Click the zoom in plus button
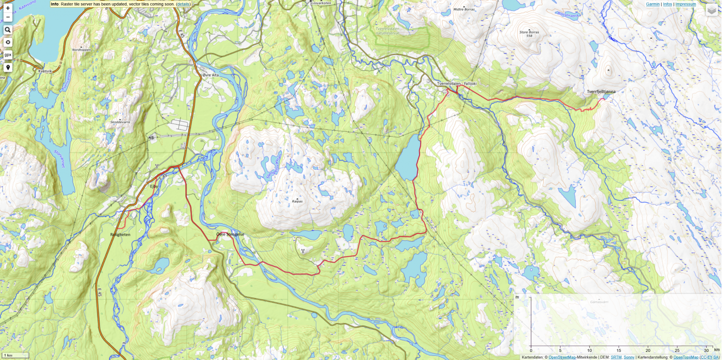[x=8, y=8]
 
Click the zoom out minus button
[x=8, y=17]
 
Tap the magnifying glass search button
[x=8, y=30]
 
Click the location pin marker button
[x=8, y=68]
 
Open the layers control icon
[x=712, y=10]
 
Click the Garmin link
[x=653, y=4]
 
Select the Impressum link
[x=685, y=4]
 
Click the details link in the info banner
[x=183, y=4]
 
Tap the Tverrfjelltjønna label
[x=601, y=92]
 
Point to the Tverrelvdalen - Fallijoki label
[x=457, y=83]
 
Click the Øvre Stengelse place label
[x=230, y=235]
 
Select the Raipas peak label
[x=297, y=201]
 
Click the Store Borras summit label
[x=529, y=32]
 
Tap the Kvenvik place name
[x=45, y=71]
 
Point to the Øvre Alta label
[x=211, y=75]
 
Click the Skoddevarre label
[x=120, y=122]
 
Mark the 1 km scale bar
[x=15, y=355]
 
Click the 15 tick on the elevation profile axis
[x=619, y=350]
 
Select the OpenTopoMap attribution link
[x=686, y=357]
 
